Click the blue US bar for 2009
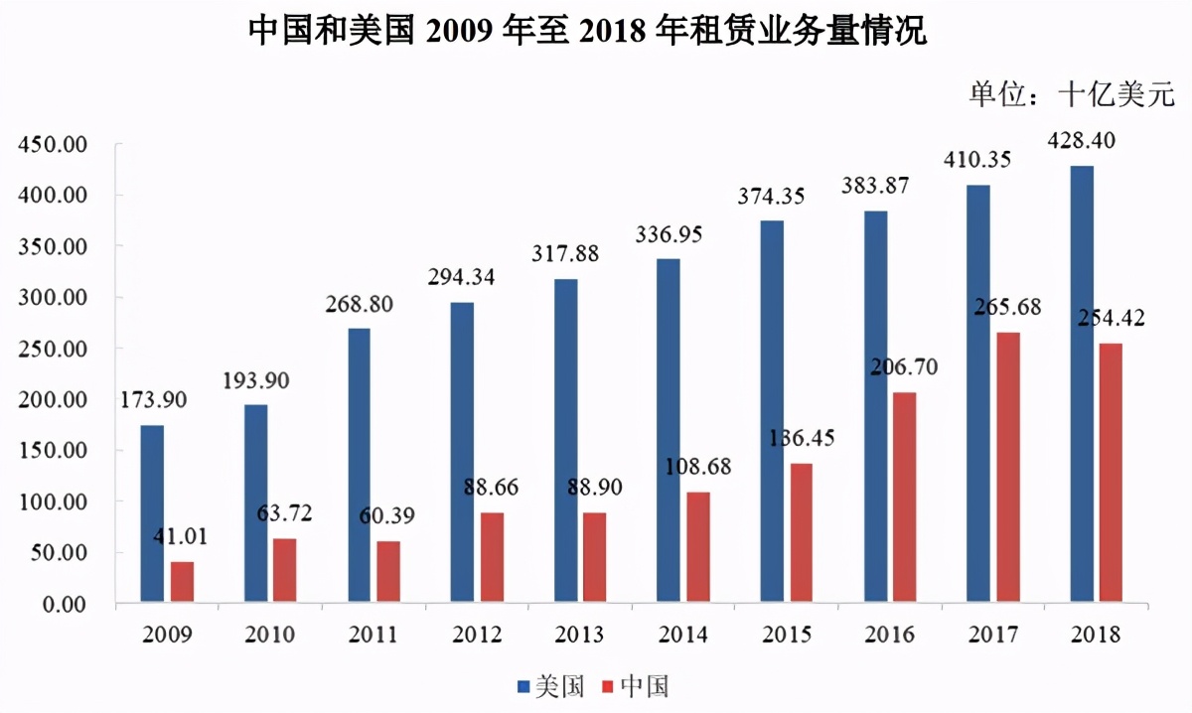tap(152, 513)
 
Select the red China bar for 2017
tap(1008, 467)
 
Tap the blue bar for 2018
tap(1082, 384)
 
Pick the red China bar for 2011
tap(387, 572)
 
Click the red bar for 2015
tap(802, 533)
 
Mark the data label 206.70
tap(903, 367)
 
